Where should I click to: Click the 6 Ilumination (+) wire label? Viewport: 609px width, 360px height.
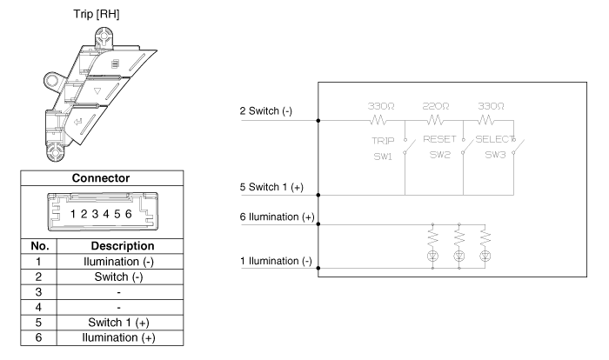tap(276, 216)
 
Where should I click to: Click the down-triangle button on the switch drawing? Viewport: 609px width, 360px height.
tap(123, 89)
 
